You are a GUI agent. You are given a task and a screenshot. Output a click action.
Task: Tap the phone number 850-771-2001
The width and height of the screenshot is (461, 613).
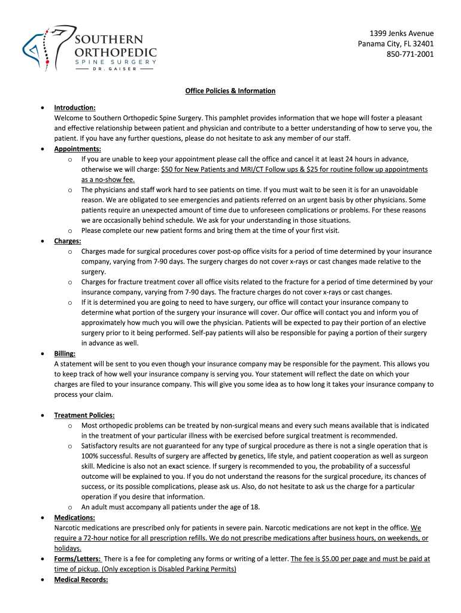410,54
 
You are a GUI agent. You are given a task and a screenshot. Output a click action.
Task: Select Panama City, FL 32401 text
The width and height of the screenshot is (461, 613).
396,44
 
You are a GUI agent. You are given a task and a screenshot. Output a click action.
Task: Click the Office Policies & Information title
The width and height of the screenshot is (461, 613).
230,91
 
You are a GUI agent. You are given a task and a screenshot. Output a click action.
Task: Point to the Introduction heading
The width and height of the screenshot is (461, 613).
75,108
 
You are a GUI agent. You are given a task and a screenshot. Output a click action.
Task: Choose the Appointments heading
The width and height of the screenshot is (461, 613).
77,149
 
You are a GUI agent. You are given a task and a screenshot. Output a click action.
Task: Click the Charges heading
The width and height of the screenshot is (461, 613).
68,241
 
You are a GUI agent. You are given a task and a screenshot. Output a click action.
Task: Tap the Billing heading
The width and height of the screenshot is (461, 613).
65,354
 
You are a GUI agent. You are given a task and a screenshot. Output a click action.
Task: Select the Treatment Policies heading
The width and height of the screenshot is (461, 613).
84,415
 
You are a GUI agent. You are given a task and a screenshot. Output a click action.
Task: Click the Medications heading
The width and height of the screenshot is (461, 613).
74,517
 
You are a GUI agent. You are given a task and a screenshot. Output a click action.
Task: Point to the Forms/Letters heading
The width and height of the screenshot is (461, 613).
77,559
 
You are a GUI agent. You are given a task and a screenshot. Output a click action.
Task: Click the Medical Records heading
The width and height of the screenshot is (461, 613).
81,579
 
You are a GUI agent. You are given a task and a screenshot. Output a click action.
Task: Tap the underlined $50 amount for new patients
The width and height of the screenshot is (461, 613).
168,169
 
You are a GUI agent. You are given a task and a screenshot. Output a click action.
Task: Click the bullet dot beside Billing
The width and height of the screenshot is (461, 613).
41,354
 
